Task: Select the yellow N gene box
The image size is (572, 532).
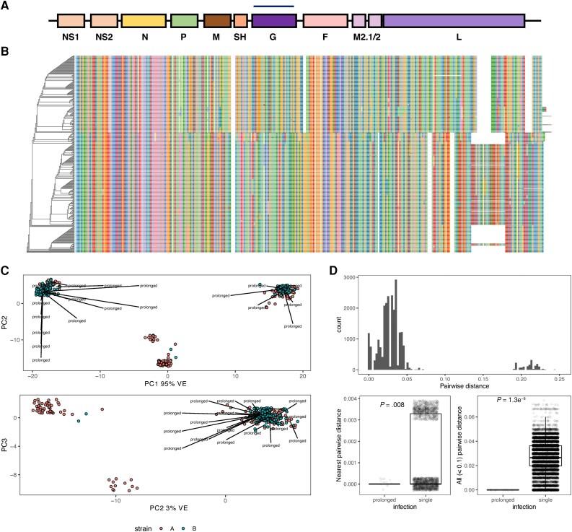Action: pyautogui.click(x=144, y=20)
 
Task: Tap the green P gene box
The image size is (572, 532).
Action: pyautogui.click(x=185, y=20)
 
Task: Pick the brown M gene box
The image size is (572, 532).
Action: pyautogui.click(x=216, y=20)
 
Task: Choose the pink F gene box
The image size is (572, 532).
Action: pyautogui.click(x=325, y=20)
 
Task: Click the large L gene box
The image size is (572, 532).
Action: pyautogui.click(x=453, y=20)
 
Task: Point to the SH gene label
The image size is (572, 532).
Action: pyautogui.click(x=241, y=36)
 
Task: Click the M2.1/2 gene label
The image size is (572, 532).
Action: pyautogui.click(x=367, y=36)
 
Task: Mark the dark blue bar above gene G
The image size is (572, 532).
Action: pyautogui.click(x=273, y=7)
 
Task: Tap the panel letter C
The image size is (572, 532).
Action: pyautogui.click(x=6, y=271)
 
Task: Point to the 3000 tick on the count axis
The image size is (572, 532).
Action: pyautogui.click(x=356, y=277)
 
